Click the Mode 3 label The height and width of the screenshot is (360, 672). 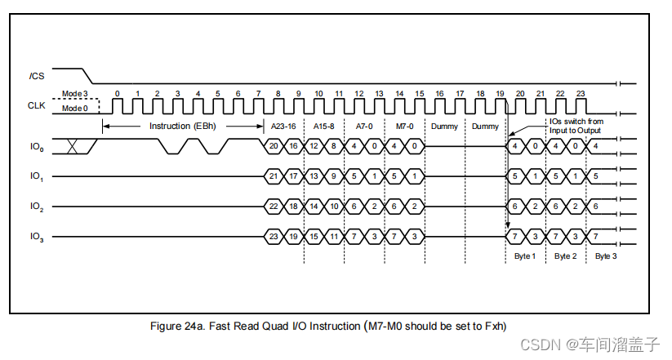click(x=74, y=94)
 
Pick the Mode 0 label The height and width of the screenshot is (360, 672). click(x=74, y=108)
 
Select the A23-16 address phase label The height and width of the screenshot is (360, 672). click(x=284, y=127)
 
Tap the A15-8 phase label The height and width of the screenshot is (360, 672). click(x=324, y=127)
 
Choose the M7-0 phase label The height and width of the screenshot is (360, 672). click(x=404, y=127)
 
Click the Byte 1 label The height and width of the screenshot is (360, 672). click(x=526, y=256)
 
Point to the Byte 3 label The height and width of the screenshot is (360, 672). click(x=605, y=256)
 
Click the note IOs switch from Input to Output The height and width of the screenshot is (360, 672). click(x=575, y=127)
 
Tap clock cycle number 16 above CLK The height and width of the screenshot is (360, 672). click(x=439, y=94)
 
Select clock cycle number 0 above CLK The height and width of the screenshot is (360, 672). click(x=118, y=94)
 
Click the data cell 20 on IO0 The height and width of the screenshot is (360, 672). click(x=274, y=146)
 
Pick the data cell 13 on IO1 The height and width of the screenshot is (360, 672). click(x=314, y=176)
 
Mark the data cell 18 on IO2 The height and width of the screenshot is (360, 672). click(x=293, y=207)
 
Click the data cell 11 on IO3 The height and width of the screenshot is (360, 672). click(x=333, y=237)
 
